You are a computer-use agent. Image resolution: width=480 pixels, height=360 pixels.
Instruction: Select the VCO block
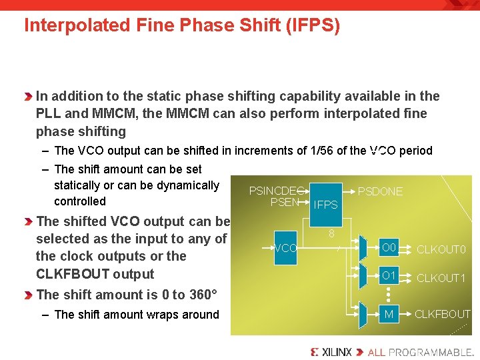point(285,247)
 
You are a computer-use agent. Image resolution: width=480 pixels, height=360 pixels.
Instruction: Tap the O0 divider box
point(389,248)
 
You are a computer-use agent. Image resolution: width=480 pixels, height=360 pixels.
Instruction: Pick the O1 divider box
point(389,275)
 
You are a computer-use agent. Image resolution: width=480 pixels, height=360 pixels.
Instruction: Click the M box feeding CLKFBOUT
point(389,314)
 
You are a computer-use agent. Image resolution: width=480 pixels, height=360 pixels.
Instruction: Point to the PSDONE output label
point(380,191)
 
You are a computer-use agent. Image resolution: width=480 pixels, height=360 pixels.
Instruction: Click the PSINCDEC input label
point(276,191)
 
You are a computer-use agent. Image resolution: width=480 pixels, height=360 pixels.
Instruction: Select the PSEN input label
point(285,202)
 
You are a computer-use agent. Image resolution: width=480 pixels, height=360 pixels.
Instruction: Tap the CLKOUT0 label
point(441,250)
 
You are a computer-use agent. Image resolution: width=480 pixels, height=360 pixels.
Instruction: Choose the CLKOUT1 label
point(441,278)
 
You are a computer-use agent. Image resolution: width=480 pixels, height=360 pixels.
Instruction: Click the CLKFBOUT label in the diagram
point(443,314)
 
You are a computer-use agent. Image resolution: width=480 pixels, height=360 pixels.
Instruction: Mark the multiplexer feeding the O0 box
point(362,247)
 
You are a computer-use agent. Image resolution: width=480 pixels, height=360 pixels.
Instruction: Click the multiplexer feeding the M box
point(362,313)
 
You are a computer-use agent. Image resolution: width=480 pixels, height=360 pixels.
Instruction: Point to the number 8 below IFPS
point(331,234)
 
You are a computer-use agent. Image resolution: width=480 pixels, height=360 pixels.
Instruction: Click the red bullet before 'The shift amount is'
point(28,295)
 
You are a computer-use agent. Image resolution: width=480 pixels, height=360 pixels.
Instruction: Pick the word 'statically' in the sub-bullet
point(79,185)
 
